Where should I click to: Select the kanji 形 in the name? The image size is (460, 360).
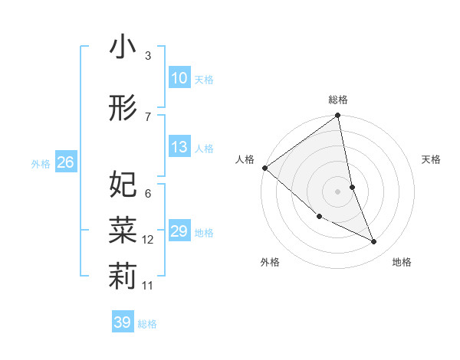[123, 108]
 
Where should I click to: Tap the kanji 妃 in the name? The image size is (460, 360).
[123, 184]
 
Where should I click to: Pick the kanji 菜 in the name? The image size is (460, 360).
[123, 229]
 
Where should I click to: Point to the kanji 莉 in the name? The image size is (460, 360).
[123, 275]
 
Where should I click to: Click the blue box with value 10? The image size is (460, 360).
[179, 78]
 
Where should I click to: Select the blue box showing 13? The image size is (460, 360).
[179, 147]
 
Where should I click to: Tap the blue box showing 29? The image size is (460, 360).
[179, 231]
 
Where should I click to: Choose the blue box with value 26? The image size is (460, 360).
[65, 162]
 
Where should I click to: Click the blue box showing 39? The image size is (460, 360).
[122, 322]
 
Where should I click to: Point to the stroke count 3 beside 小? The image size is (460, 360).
[148, 56]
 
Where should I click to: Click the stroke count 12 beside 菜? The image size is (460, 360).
[148, 240]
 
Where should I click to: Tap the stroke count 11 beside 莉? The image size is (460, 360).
[148, 285]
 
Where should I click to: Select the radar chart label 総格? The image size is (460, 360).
[338, 100]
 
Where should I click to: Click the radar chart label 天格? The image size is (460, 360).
[431, 159]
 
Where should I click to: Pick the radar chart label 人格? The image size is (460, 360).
[245, 159]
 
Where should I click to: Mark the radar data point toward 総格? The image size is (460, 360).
[338, 116]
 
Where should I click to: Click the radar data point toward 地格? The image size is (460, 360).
[374, 241]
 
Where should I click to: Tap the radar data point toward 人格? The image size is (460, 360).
[264, 168]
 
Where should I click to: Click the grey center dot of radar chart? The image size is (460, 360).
[338, 191]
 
